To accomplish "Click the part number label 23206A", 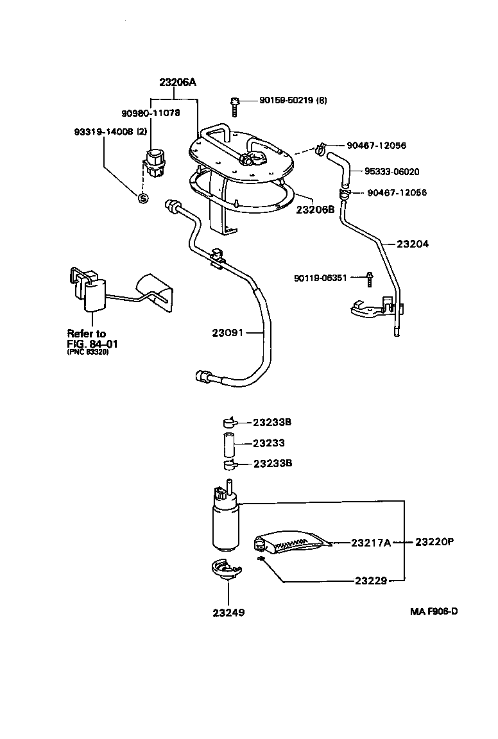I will [178, 82].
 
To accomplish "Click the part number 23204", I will [413, 244].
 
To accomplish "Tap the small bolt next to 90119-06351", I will [370, 278].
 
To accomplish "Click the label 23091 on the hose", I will [228, 332].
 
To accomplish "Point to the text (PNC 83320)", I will [88, 352].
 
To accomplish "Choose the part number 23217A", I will [371, 543].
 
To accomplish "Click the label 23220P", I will [434, 541].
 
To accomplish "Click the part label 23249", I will [228, 612].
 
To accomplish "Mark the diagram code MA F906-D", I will [434, 611].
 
